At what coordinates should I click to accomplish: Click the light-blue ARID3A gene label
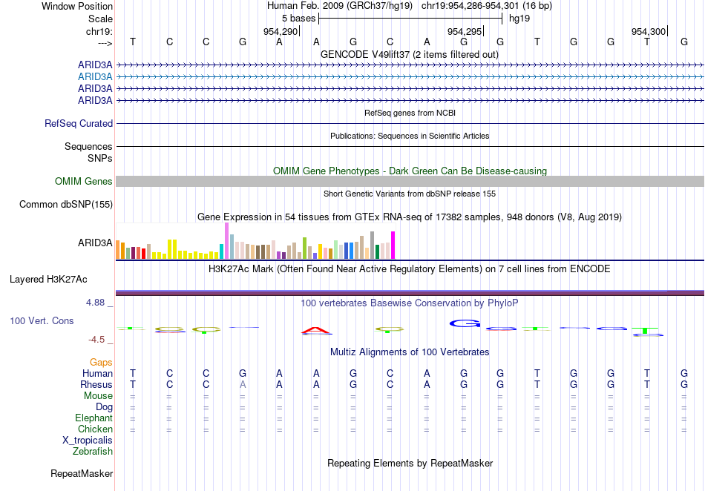tap(95, 76)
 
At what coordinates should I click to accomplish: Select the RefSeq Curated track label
tap(79, 124)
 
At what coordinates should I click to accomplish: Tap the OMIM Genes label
tap(84, 182)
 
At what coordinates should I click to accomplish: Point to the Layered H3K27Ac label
tap(48, 280)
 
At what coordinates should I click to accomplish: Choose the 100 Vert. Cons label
tap(42, 320)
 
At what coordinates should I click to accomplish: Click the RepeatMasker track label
tap(82, 473)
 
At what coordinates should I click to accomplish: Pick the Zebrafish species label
tap(93, 451)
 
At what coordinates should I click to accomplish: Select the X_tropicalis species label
tap(88, 440)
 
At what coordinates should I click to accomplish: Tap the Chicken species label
tap(96, 429)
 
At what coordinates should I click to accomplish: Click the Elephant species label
tap(94, 418)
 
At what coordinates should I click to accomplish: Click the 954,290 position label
tap(281, 31)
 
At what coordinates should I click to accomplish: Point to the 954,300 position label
tap(649, 31)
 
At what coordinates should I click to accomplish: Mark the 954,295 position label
tap(465, 31)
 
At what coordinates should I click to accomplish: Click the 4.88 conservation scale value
tap(97, 303)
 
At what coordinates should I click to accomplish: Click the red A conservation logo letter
tap(316, 331)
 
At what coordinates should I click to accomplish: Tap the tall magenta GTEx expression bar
tap(393, 245)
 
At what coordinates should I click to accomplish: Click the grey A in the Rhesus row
tap(243, 385)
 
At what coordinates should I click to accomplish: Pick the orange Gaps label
tap(101, 362)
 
